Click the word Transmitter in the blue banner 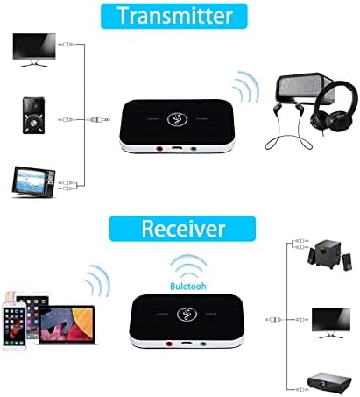coord(174,15)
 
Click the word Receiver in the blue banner coord(183,229)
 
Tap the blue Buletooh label coord(188,286)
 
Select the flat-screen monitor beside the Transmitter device coord(34,50)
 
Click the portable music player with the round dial coord(34,116)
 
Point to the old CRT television coord(33,181)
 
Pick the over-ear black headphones coord(334,108)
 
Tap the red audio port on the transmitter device coord(159,149)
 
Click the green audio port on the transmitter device coord(193,149)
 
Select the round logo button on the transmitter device coord(177,119)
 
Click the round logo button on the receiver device coord(187,315)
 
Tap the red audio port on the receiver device coord(169,344)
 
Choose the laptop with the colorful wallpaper coord(67,325)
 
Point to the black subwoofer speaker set coord(329,254)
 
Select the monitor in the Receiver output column coord(331,323)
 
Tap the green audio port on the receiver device coord(203,344)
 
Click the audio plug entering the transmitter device coord(99,119)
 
